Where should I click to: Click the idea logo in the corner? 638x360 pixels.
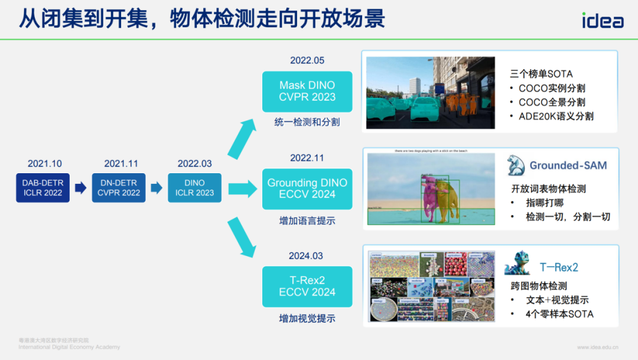(x=602, y=21)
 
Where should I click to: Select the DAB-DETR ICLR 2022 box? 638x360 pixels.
(x=43, y=188)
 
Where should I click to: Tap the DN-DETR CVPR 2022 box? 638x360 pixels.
(x=119, y=188)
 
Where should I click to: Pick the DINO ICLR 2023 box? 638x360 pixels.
(x=194, y=188)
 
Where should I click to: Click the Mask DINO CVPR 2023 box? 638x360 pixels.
(x=307, y=92)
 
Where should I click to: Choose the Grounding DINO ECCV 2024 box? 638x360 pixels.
(x=307, y=189)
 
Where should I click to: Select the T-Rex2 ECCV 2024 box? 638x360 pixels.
(x=307, y=286)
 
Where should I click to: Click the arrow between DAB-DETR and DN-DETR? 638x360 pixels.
(x=81, y=188)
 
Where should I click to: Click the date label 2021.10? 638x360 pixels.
(x=44, y=164)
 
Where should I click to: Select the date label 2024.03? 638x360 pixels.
(x=306, y=256)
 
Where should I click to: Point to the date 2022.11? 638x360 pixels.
(x=307, y=158)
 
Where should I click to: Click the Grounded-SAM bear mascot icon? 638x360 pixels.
(x=516, y=166)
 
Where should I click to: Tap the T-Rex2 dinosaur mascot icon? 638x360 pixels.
(x=518, y=264)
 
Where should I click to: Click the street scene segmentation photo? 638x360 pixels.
(x=430, y=92)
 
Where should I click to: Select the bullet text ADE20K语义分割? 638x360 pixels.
(x=556, y=116)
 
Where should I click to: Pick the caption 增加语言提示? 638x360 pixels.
(x=307, y=221)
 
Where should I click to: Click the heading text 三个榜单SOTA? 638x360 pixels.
(x=542, y=74)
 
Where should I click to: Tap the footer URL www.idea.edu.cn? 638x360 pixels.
(x=598, y=347)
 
